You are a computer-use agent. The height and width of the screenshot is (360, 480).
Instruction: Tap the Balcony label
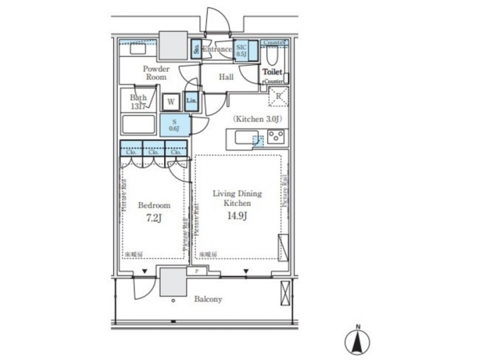(209, 299)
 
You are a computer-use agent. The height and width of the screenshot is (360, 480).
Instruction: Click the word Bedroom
(154, 205)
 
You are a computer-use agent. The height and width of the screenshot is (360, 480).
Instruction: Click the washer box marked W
(171, 102)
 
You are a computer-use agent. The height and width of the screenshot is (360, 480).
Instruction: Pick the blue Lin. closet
(191, 101)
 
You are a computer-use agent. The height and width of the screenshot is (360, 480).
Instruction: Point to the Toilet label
(273, 71)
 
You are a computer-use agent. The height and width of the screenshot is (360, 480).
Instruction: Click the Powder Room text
(157, 73)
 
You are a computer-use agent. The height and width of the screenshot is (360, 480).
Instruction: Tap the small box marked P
(197, 271)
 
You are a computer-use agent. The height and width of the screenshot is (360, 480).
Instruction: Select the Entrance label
(217, 49)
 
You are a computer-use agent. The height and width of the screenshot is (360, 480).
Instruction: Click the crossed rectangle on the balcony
(287, 293)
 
